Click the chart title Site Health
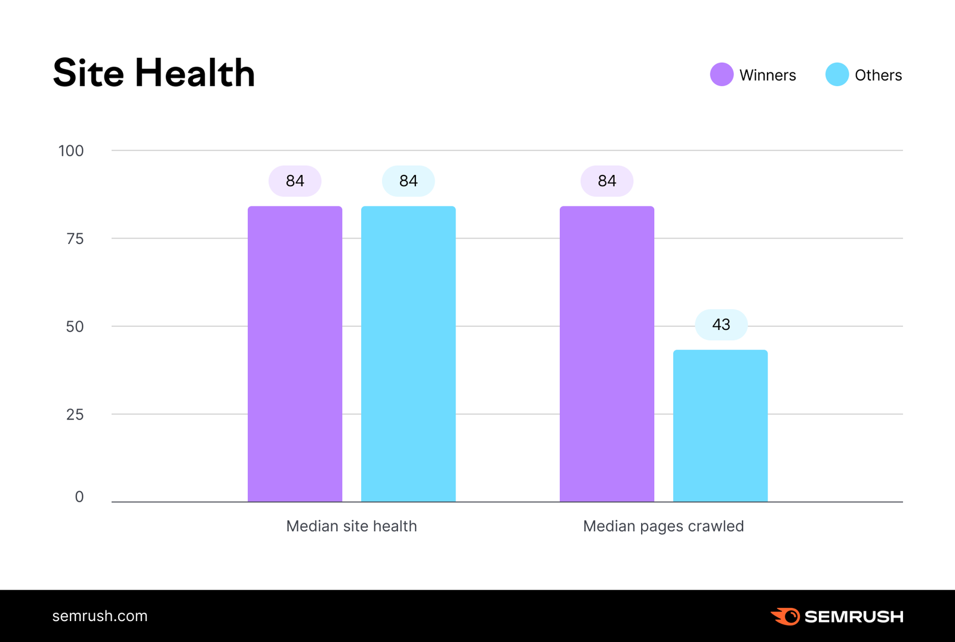pos(154,73)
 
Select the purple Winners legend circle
pos(722,75)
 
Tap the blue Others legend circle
pos(837,75)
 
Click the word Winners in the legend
pos(768,75)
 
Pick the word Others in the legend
pos(878,75)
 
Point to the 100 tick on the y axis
pos(71,151)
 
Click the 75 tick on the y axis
pos(75,239)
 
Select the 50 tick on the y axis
pos(75,326)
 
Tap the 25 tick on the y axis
pos(75,415)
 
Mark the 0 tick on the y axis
pos(79,497)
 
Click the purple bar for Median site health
pos(295,354)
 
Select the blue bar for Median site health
pos(408,354)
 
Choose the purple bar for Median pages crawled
pos(607,354)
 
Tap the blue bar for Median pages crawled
pos(720,425)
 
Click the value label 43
pos(721,325)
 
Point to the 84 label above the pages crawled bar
pos(607,181)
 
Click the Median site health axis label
pos(352,526)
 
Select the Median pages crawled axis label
pos(663,526)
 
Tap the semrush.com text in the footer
pos(100,616)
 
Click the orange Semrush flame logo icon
pos(785,616)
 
